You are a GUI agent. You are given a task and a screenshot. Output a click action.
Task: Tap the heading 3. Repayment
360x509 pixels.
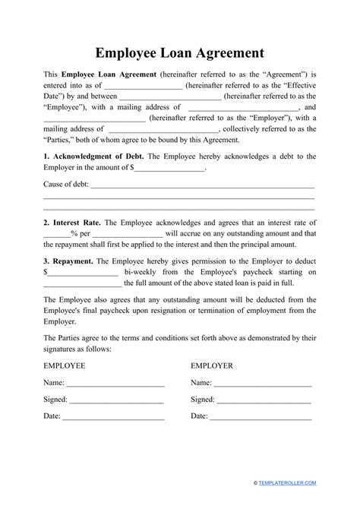point(69,260)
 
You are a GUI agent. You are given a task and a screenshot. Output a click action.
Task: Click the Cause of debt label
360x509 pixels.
point(66,185)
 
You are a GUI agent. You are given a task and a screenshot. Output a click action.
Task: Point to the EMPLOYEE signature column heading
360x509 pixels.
point(65,365)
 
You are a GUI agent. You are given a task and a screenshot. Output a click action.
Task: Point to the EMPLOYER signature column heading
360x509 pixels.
point(211,365)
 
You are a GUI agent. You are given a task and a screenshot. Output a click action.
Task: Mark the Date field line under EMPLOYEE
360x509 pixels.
point(113,418)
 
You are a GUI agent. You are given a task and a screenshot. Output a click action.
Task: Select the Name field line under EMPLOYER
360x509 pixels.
point(262,384)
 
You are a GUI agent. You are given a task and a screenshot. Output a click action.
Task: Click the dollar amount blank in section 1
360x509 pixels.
point(171,169)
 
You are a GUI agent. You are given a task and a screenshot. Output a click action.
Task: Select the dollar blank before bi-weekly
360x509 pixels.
point(83,273)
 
